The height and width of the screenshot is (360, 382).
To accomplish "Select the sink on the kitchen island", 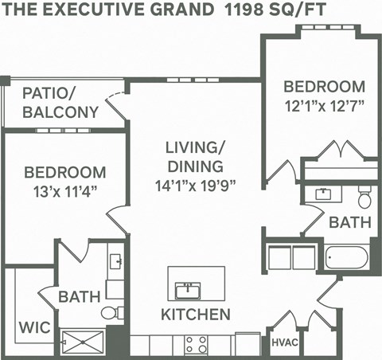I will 188,288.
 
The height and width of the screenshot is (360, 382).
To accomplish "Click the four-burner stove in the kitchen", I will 196,344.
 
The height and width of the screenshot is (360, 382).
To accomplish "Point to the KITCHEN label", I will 196,314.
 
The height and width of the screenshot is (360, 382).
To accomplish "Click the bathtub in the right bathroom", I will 346,258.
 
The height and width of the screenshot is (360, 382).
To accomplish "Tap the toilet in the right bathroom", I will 365,196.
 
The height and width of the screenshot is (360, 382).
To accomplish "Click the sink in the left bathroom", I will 115,262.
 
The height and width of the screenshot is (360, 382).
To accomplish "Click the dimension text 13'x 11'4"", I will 64,190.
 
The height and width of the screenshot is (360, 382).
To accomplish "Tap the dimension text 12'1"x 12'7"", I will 325,105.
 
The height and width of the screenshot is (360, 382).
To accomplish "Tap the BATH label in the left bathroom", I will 80,296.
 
